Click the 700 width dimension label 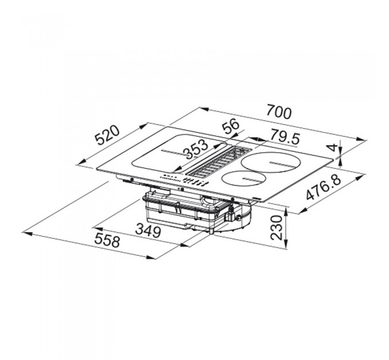[279, 112]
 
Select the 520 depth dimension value [108, 135]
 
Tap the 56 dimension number [231, 126]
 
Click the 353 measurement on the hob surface [197, 149]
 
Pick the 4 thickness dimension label [334, 147]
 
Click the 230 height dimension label [276, 227]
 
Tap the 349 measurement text [148, 230]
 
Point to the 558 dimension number [107, 240]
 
